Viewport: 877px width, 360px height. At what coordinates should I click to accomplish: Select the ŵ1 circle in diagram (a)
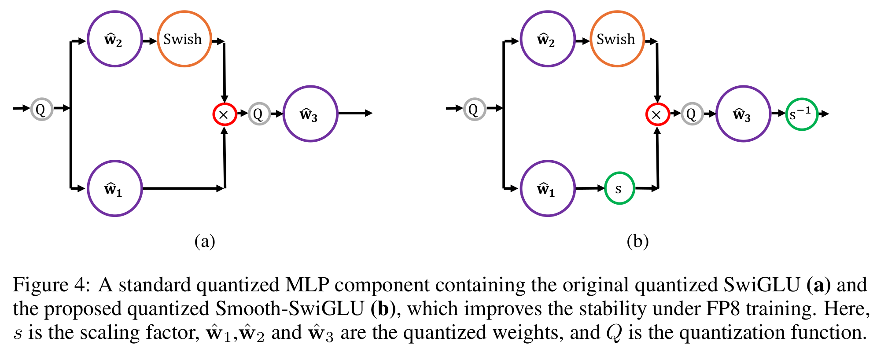pyautogui.click(x=114, y=188)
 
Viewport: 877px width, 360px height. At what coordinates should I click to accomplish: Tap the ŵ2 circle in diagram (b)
pyautogui.click(x=548, y=39)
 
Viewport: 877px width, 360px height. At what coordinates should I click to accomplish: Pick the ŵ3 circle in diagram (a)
pyautogui.click(x=310, y=114)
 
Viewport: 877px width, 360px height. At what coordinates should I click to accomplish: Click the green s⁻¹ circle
pyautogui.click(x=801, y=114)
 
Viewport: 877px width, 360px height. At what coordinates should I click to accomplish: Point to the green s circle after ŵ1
pyautogui.click(x=619, y=188)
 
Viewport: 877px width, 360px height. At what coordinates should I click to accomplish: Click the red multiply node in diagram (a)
pyautogui.click(x=225, y=114)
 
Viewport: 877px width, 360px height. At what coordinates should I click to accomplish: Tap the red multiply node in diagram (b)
pyautogui.click(x=657, y=114)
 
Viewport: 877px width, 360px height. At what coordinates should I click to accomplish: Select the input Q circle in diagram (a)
pyautogui.click(x=41, y=109)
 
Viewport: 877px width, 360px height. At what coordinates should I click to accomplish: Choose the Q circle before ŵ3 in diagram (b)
pyautogui.click(x=692, y=114)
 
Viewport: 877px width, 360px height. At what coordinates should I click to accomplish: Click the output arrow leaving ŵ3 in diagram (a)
pyautogui.click(x=355, y=114)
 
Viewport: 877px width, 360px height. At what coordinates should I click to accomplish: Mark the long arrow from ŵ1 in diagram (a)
pyautogui.click(x=183, y=188)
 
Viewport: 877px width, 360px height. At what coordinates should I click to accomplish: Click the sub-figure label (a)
pyautogui.click(x=205, y=241)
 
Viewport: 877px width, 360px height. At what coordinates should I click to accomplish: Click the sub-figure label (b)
pyautogui.click(x=637, y=241)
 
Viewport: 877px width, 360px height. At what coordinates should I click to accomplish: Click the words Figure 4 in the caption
pyautogui.click(x=51, y=285)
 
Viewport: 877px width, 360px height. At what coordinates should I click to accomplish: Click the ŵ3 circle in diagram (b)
pyautogui.click(x=743, y=114)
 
